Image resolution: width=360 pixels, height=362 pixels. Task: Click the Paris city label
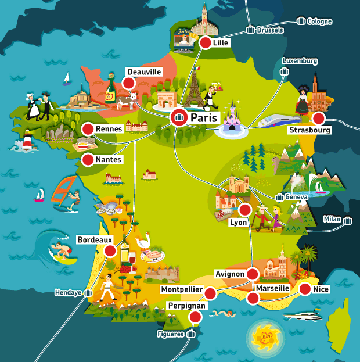tap(204, 118)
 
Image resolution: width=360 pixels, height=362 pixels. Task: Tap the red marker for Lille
tap(205, 43)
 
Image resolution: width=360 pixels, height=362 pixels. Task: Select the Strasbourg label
tap(309, 130)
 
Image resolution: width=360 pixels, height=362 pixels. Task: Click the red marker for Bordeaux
tap(110, 250)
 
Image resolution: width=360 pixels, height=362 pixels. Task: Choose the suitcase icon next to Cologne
tap(301, 21)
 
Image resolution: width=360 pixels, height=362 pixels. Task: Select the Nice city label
tap(321, 289)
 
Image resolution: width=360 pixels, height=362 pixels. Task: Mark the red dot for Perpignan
tap(196, 317)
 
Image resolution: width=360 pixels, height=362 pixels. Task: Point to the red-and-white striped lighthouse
tap(28, 140)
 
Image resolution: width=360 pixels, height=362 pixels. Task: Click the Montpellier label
tap(182, 289)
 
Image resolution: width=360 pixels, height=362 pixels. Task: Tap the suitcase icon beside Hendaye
tap(88, 292)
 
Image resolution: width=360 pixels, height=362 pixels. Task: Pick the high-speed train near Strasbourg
tap(275, 121)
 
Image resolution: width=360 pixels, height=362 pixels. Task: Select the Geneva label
tap(295, 196)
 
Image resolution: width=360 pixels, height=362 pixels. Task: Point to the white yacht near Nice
tap(303, 316)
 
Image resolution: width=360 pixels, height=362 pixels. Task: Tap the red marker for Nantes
tap(88, 159)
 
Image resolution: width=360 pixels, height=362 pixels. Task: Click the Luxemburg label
tap(300, 60)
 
